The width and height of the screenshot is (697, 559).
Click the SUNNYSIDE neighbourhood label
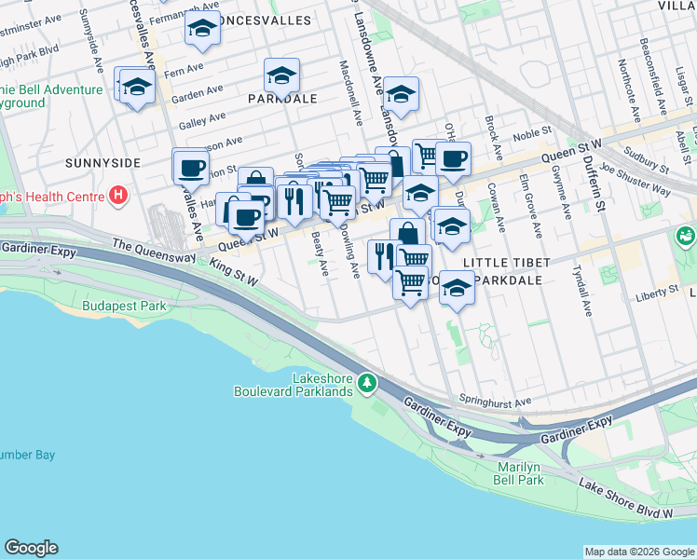coord(102,163)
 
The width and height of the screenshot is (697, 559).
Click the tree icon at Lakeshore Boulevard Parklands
coord(369,383)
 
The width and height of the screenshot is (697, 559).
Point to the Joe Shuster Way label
coord(635,180)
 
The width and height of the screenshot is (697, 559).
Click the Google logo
coord(31,548)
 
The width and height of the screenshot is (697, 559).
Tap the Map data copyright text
coord(639,552)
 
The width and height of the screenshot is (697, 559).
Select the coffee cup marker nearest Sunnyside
coord(191,168)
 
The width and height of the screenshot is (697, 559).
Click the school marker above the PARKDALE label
coord(280,75)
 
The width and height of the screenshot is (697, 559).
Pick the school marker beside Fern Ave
coord(137,87)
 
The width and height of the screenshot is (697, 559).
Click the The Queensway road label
coord(149,245)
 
